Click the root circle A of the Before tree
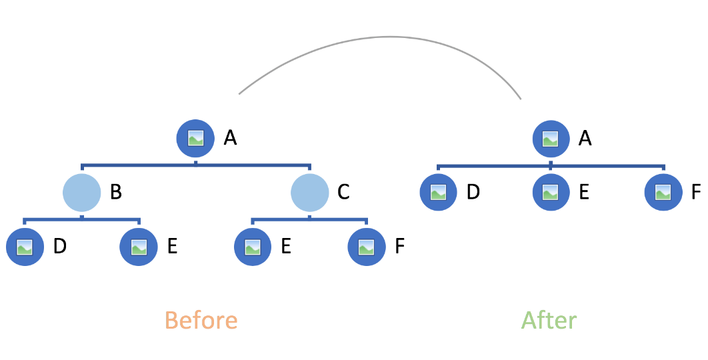[195, 138]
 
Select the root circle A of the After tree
[551, 138]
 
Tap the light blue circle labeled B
[81, 193]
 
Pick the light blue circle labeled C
[310, 193]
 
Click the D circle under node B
[25, 247]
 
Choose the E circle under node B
[139, 247]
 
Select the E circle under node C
[253, 247]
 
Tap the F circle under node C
[367, 247]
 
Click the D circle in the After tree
[438, 193]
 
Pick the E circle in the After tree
[551, 193]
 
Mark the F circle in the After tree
[663, 193]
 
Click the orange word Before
[201, 321]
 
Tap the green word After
[549, 321]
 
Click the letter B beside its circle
[115, 193]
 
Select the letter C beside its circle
[343, 193]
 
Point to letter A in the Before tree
[231, 138]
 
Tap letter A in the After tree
[585, 138]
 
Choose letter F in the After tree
[696, 193]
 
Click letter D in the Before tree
[59, 247]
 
